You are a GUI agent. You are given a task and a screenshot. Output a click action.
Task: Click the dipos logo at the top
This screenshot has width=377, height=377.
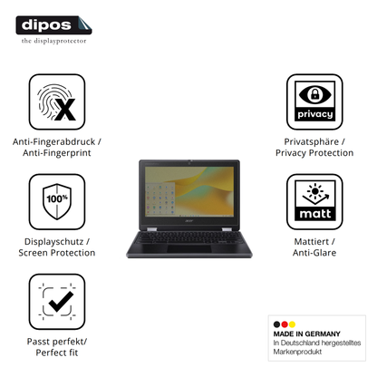point(53,25)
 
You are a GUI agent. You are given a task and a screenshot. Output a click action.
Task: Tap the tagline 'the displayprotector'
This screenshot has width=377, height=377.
point(53,41)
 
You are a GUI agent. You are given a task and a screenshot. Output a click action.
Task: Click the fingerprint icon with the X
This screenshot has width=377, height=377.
point(57,102)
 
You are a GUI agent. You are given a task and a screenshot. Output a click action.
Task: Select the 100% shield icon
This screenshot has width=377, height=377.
point(57,202)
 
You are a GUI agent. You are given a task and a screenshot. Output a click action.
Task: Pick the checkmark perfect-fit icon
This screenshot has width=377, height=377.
point(57,302)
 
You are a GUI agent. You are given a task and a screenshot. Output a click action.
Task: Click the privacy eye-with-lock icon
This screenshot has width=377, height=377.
point(314,102)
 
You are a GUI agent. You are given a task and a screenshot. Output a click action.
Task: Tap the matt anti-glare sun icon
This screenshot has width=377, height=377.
point(314,202)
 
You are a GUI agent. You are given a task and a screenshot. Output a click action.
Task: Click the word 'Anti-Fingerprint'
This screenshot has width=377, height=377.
point(57,153)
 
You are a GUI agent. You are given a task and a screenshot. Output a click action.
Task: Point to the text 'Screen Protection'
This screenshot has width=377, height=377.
point(57,253)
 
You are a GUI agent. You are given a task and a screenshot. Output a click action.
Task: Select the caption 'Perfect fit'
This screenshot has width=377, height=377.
point(57,353)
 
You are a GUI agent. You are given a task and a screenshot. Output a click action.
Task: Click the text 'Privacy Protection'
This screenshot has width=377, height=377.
point(314,153)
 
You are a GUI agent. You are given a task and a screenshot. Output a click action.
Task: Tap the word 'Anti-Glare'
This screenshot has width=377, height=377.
point(314,253)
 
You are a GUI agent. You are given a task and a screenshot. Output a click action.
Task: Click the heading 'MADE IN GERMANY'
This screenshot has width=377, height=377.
point(306,333)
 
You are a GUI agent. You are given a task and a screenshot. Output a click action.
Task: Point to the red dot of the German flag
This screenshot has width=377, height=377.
point(285,324)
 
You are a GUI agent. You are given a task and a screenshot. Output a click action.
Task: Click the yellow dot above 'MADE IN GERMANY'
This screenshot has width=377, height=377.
point(292,324)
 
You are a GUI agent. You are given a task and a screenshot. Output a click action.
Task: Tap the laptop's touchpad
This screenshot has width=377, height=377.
point(189,249)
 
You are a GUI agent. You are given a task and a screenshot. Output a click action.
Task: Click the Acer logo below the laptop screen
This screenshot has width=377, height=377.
point(188,221)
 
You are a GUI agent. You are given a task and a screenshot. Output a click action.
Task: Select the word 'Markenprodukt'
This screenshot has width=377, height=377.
point(297,352)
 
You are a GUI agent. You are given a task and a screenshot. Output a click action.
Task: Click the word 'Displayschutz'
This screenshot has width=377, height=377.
point(53,242)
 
